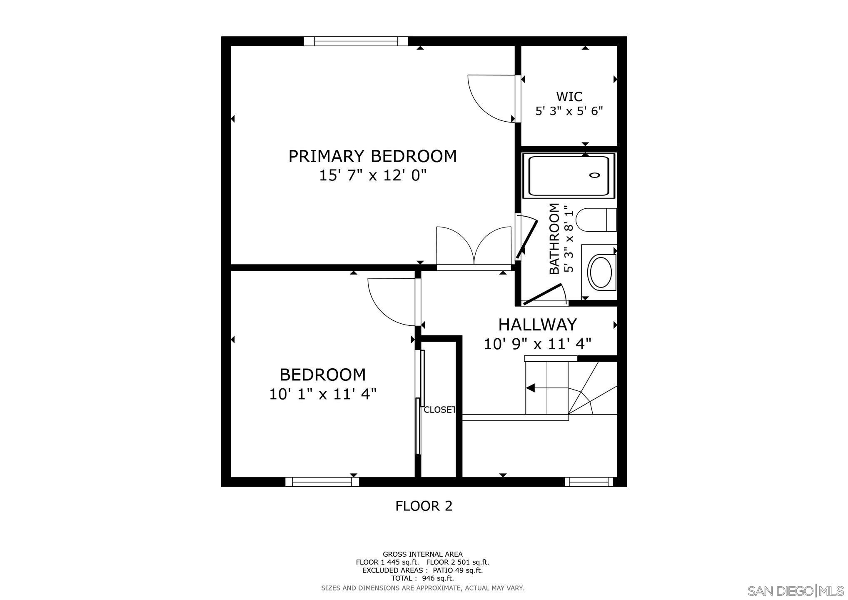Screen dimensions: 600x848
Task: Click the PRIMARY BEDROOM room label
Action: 372,156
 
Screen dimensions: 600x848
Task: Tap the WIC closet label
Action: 569,97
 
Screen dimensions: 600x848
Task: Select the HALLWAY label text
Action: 537,325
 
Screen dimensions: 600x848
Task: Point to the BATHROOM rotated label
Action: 554,239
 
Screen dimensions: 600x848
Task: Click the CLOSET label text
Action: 439,410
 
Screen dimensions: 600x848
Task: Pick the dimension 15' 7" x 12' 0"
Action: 373,175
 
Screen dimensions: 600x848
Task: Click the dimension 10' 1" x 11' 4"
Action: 323,394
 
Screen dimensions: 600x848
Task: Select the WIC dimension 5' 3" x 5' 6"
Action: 569,111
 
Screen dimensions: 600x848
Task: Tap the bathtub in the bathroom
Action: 569,175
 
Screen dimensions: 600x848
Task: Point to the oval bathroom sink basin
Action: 601,272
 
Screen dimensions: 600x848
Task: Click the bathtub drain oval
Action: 594,175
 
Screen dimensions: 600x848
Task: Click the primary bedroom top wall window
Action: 356,41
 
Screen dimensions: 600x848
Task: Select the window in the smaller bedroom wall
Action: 322,482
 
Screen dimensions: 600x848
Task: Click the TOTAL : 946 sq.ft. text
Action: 422,578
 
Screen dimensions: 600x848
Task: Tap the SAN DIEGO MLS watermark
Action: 796,591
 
